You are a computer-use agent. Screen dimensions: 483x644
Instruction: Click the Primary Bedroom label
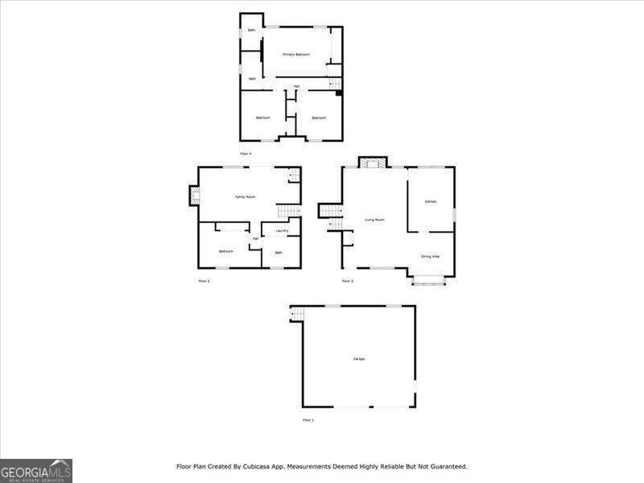296,54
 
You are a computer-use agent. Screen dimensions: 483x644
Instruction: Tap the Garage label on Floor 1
358,358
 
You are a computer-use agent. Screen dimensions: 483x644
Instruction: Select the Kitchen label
431,201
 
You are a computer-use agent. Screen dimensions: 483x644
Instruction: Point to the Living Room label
374,219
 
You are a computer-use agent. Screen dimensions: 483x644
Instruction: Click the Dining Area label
430,257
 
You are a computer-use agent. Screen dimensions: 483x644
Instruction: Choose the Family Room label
245,196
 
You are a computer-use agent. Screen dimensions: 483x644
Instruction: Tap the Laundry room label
282,231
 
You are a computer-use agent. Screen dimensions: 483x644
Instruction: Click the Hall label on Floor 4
296,86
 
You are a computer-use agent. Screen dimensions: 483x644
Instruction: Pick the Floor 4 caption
246,153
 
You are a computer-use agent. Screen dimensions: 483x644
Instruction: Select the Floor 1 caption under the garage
308,420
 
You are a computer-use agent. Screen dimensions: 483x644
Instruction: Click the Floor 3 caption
347,281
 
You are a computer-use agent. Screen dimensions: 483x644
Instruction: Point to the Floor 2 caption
204,281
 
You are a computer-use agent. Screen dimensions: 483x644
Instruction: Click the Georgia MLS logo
36,470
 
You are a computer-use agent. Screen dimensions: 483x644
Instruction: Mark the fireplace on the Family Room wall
194,196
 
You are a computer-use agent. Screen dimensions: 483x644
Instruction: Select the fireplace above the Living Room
372,163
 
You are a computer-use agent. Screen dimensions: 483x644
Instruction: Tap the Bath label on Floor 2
279,253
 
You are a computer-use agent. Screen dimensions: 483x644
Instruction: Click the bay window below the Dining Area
428,280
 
